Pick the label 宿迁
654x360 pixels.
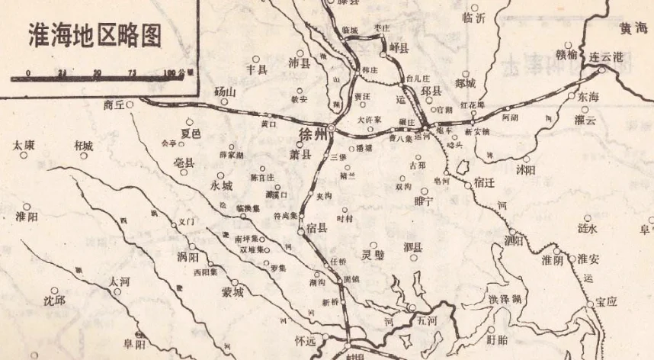point(485,183)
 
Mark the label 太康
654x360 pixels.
point(25,145)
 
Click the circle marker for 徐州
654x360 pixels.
point(331,128)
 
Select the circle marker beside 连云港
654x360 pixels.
point(601,69)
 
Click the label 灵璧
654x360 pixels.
point(373,256)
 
